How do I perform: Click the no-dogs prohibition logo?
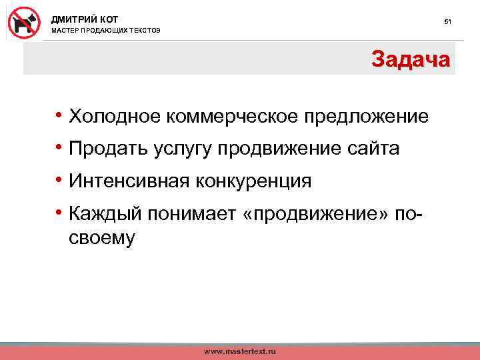[x=25, y=22]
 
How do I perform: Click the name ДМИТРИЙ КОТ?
[x=85, y=19]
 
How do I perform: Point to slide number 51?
[x=448, y=22]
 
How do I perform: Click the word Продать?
[x=107, y=149]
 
